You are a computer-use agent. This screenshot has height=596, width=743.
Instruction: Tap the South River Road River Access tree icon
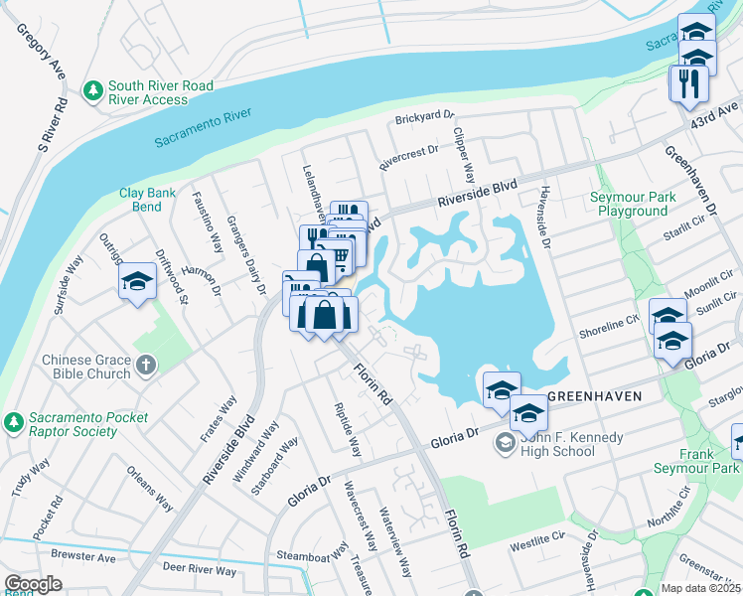point(92,92)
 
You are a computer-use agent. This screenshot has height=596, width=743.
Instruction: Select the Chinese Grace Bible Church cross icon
point(146,366)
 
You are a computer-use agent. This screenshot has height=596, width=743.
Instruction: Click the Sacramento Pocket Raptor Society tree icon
point(12,422)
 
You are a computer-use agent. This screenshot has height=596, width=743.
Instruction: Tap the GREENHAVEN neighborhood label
point(594,396)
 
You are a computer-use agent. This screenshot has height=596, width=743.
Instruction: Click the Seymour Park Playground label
point(633,204)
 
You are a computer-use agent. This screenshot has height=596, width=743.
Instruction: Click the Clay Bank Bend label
point(140,200)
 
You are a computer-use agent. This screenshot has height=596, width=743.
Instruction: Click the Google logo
point(33,584)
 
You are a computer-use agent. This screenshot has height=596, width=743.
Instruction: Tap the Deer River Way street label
point(200,570)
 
